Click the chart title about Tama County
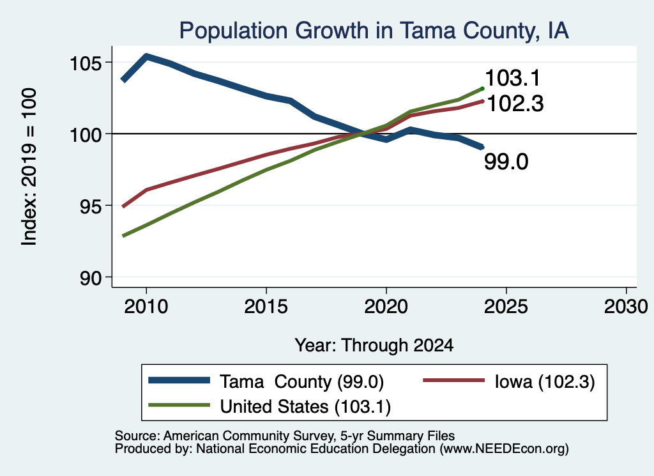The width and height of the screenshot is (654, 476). (x=374, y=31)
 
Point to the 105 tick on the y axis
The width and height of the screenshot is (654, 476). (x=86, y=63)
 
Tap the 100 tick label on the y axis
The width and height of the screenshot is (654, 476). (x=86, y=135)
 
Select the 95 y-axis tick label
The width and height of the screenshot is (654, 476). (x=91, y=206)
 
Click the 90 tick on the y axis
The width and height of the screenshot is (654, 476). (x=91, y=279)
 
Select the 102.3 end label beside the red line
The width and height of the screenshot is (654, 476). (x=515, y=104)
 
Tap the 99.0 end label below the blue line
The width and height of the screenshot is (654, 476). (x=506, y=162)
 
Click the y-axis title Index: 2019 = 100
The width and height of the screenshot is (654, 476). (x=29, y=167)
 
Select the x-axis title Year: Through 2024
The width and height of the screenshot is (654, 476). (x=374, y=346)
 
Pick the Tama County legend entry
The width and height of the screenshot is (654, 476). (x=266, y=381)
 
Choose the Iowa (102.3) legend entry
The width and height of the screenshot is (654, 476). (x=509, y=381)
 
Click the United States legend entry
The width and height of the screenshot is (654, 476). (x=270, y=406)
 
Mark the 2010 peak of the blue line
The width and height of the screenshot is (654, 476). (x=146, y=56)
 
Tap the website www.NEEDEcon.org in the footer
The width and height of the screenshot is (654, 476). (x=504, y=449)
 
